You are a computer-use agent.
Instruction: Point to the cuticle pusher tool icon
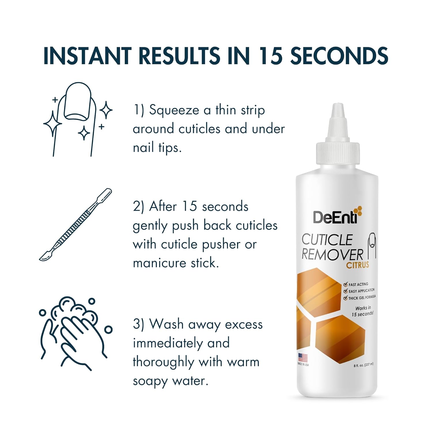[75, 225]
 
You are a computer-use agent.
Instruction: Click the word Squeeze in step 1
[174, 110]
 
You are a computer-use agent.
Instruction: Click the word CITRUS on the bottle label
[357, 265]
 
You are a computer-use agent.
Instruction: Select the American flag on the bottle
[303, 358]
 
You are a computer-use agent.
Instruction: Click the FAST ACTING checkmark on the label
[345, 285]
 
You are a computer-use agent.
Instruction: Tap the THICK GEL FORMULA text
[362, 298]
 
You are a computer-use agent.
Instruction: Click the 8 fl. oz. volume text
[363, 365]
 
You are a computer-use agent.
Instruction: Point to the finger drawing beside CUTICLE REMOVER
[372, 245]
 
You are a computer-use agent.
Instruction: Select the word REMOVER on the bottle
[332, 255]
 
